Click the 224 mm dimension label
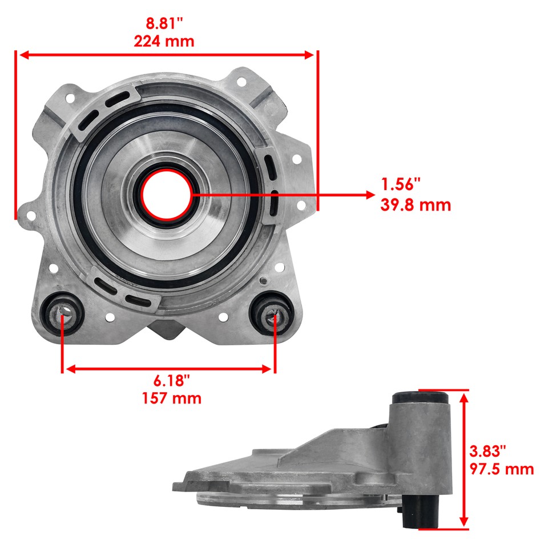click(164, 41)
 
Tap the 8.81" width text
click(164, 24)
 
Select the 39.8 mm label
click(416, 205)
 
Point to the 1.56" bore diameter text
click(401, 184)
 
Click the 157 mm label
click(171, 398)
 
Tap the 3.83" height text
click(487, 451)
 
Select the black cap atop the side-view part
click(420, 397)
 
